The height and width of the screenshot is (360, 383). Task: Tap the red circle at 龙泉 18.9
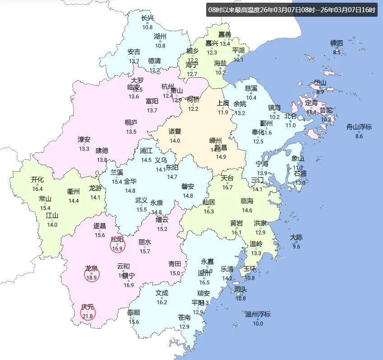(92, 274)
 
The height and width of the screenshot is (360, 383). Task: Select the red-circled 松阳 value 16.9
(118, 245)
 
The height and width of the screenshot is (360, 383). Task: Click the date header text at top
(291, 9)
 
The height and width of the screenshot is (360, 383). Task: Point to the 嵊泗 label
(337, 43)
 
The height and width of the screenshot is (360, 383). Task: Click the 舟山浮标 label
(359, 127)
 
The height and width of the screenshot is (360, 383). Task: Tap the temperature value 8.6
(359, 136)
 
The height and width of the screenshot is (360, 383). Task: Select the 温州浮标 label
(258, 314)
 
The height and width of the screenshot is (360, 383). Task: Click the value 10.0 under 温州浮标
(258, 323)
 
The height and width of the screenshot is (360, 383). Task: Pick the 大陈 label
(296, 237)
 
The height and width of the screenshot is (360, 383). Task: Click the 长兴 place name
(148, 19)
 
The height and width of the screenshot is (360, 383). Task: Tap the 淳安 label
(84, 140)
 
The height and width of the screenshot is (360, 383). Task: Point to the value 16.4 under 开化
(37, 189)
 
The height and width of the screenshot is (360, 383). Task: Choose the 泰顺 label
(133, 313)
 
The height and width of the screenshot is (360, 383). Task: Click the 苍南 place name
(184, 318)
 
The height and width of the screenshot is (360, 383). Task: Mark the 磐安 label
(188, 187)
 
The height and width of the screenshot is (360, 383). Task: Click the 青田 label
(175, 264)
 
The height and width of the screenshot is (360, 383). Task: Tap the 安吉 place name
(134, 52)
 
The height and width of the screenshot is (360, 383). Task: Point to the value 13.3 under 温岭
(256, 253)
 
